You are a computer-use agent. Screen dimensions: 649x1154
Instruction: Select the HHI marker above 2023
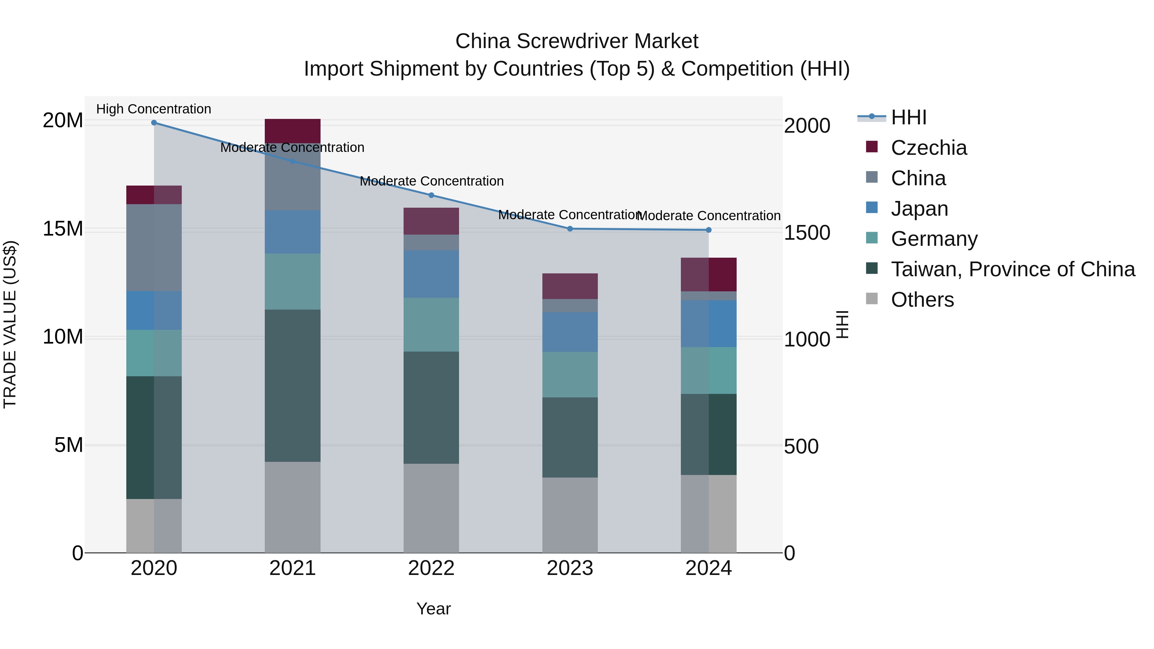point(570,229)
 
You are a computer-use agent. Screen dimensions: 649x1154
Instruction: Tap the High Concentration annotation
point(154,109)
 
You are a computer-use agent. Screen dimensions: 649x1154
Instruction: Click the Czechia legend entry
point(929,148)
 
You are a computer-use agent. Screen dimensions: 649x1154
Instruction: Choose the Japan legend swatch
point(872,208)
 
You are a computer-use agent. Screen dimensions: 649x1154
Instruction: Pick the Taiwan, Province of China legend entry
point(1012,269)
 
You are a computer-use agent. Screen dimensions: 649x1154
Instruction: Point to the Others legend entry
point(922,300)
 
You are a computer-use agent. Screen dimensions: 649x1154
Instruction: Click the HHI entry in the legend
point(908,117)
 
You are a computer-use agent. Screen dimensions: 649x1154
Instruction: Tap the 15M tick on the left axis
point(63,229)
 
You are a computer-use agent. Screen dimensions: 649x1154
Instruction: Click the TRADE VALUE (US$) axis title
point(10,324)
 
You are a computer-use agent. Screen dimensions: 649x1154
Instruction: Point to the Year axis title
point(433,609)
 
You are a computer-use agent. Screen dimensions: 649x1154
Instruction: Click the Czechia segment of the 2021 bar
point(293,131)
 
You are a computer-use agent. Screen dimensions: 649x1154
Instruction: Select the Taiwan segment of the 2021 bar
point(293,385)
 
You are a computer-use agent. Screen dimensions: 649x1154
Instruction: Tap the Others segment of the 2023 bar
point(570,515)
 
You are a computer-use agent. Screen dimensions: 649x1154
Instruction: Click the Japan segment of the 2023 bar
point(570,332)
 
